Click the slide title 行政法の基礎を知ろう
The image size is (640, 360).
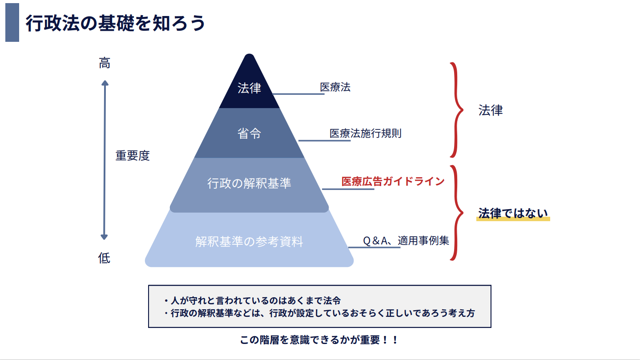click(x=115, y=23)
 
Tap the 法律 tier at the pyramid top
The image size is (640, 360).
click(x=249, y=88)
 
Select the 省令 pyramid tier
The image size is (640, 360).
click(x=249, y=133)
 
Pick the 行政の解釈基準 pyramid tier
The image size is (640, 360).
click(x=249, y=183)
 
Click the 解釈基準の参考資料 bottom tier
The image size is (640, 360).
click(x=249, y=242)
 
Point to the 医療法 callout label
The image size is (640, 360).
click(x=335, y=87)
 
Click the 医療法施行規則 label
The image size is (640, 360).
click(x=366, y=133)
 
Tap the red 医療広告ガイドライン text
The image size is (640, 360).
click(x=393, y=181)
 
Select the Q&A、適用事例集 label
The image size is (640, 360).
click(x=406, y=241)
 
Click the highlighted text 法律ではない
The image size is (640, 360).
click(x=513, y=214)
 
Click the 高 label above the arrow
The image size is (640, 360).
click(x=105, y=64)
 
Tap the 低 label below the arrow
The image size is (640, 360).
click(x=104, y=258)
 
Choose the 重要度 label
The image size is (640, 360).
click(x=133, y=156)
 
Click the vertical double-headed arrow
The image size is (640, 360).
click(x=105, y=160)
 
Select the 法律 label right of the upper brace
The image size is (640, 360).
click(x=491, y=110)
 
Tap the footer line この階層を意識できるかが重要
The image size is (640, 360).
click(x=319, y=340)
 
